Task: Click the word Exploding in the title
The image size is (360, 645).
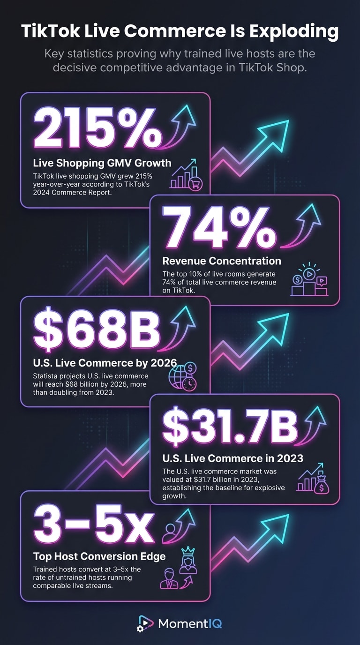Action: point(294,32)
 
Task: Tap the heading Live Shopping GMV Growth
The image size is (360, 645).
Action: point(102,163)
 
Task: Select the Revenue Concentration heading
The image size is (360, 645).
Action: point(222,261)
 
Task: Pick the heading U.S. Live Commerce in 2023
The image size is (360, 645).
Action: point(232,458)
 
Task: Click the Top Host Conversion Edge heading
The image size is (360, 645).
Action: point(99,556)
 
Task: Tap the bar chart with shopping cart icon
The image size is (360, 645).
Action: point(186,175)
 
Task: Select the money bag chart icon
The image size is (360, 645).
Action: point(313,479)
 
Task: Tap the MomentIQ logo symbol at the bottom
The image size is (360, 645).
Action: point(145,623)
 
